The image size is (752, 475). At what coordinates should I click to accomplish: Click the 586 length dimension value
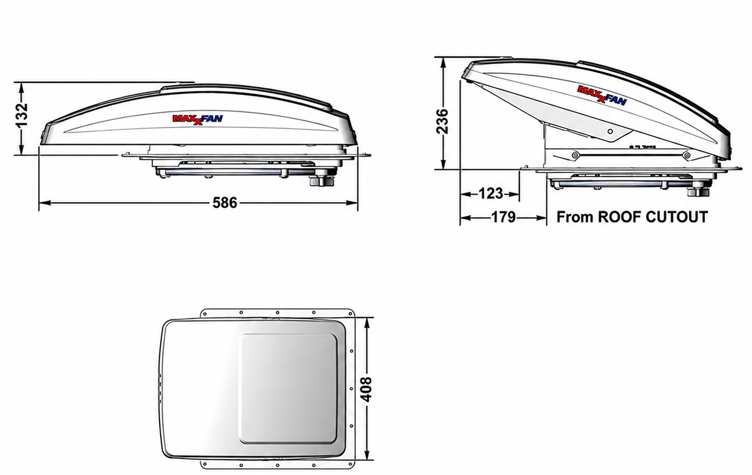(x=225, y=203)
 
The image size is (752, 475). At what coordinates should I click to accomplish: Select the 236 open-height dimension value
(x=442, y=121)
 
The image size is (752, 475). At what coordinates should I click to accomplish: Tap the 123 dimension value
(x=490, y=194)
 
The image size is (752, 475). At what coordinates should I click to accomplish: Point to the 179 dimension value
(x=504, y=217)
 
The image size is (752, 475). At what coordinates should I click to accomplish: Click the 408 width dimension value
(x=368, y=390)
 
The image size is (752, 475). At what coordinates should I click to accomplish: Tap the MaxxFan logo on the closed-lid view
(x=198, y=119)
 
